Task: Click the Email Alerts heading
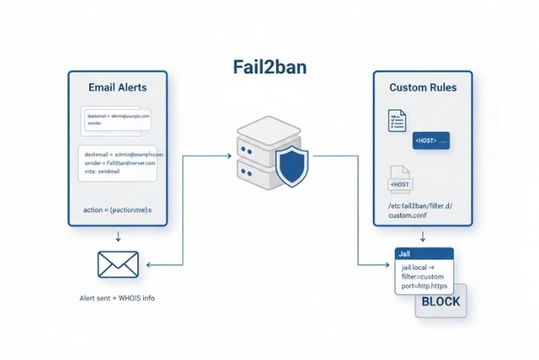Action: (118, 84)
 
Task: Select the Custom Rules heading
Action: (423, 86)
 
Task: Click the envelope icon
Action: (118, 264)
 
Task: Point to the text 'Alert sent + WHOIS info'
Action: (117, 298)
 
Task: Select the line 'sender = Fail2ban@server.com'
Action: (120, 162)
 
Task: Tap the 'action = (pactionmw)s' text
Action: (117, 210)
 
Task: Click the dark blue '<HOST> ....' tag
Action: (431, 141)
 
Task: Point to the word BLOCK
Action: (439, 301)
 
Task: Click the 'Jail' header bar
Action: (425, 253)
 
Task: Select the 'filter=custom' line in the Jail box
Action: (426, 276)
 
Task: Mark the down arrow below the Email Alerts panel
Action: (118, 236)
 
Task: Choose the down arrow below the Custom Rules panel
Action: (423, 237)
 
